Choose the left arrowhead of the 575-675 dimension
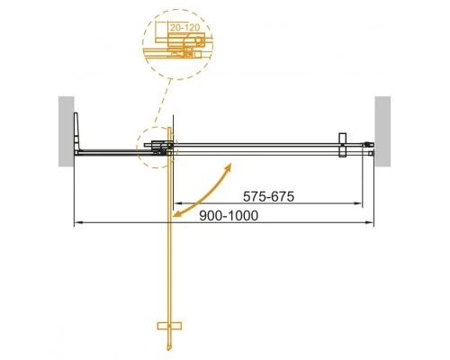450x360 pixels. (x=176, y=203)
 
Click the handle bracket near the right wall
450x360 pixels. (x=341, y=148)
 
